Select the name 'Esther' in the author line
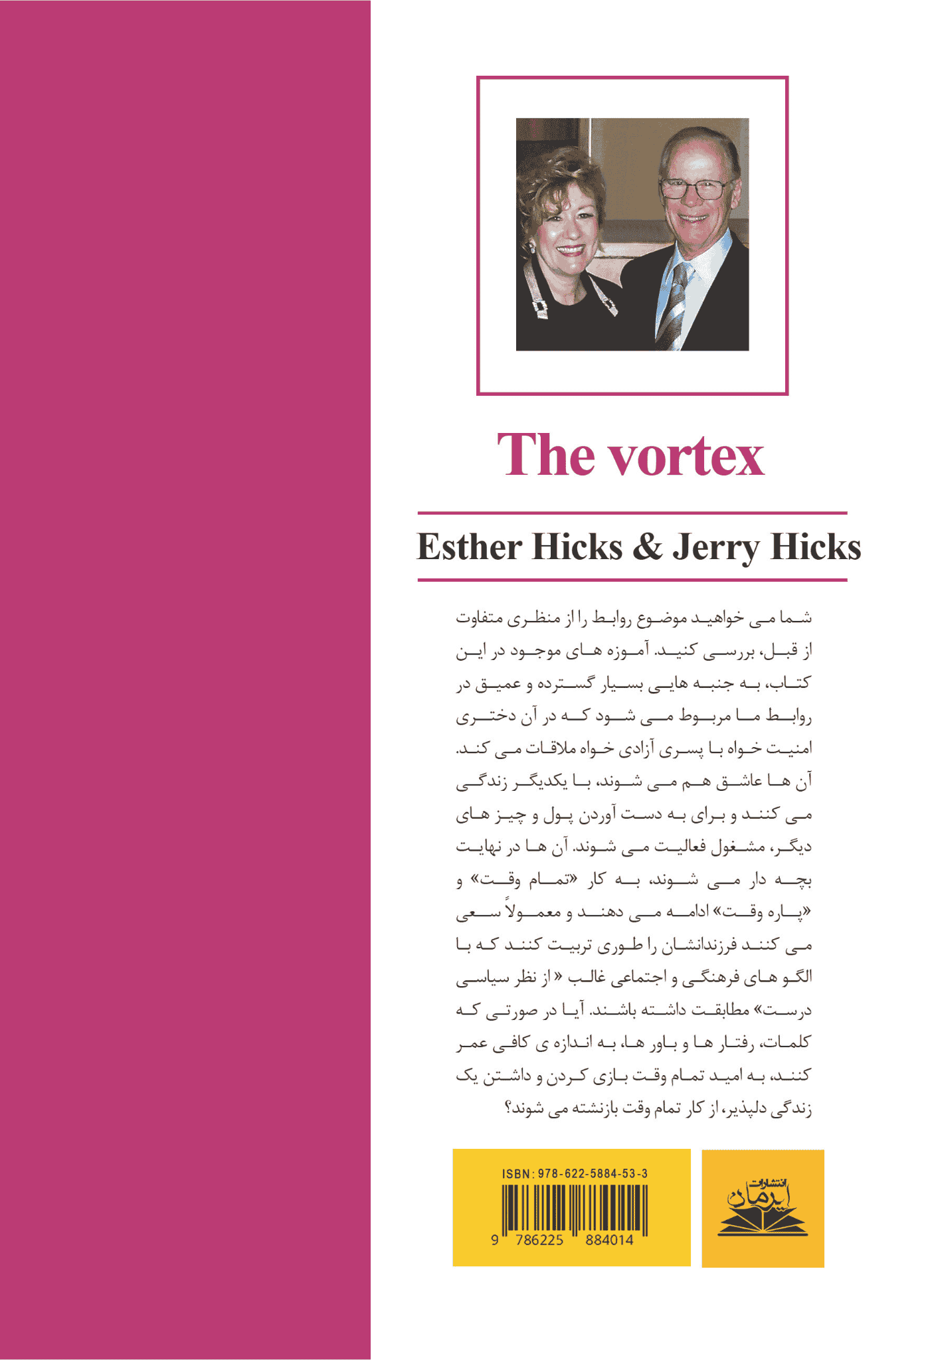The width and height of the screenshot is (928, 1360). click(x=469, y=547)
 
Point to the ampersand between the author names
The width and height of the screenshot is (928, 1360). click(x=648, y=547)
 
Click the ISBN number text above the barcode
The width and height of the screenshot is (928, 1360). click(x=575, y=1174)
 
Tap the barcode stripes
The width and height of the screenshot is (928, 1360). click(x=574, y=1208)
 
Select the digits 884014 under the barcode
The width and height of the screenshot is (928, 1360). click(x=609, y=1240)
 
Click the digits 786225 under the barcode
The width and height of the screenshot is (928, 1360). click(x=539, y=1240)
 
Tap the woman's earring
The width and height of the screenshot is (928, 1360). click(x=531, y=249)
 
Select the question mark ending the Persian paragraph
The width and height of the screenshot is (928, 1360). click(x=509, y=1110)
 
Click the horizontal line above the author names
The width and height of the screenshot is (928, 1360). click(x=632, y=513)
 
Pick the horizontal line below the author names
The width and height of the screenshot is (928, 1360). click(x=632, y=580)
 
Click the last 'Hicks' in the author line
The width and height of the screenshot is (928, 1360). click(x=815, y=547)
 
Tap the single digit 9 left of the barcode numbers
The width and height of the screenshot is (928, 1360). click(x=494, y=1240)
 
